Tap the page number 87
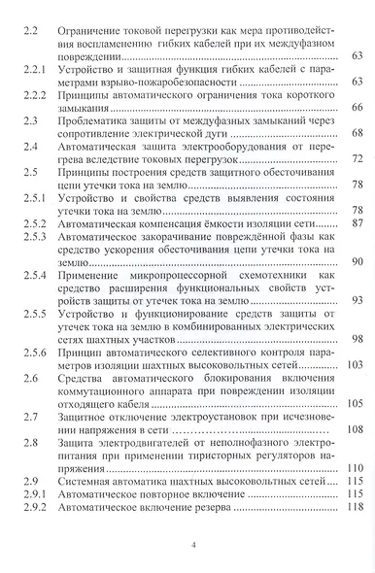pos(358,222)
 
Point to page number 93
pos(358,300)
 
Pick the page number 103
pos(355,364)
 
